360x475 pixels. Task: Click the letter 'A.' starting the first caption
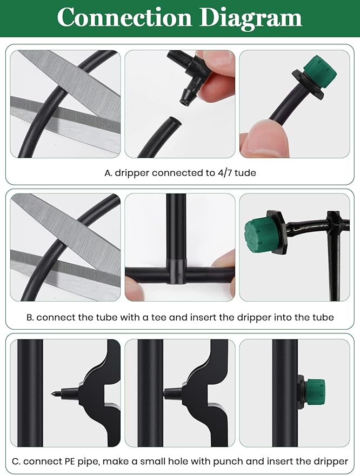tap(108, 173)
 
